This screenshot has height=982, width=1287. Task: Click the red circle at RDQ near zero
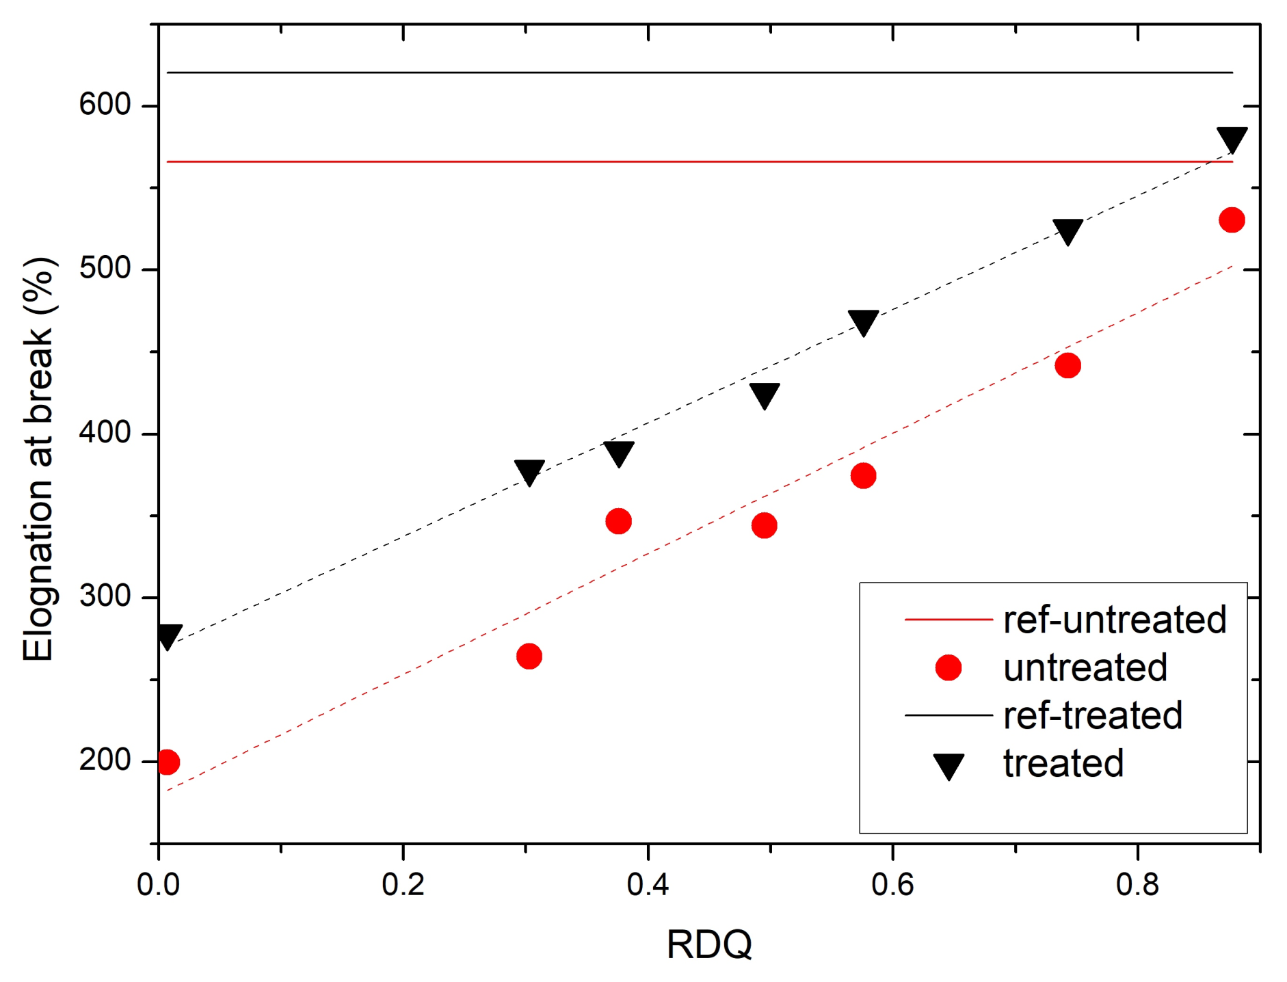pos(168,762)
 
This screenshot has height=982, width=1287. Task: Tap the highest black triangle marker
pos(1232,138)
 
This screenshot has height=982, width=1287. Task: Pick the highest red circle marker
pos(1232,220)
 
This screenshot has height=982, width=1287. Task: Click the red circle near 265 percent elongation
pos(529,656)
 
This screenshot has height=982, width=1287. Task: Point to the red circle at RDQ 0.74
pos(1067,366)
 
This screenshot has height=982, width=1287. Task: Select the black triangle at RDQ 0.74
pos(1067,231)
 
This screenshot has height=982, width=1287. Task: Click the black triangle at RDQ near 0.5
pos(765,395)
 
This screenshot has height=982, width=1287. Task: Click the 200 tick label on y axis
pos(105,760)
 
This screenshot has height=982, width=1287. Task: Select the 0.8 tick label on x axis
pos(1137,885)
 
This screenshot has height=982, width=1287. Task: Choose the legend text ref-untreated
pos(1115,620)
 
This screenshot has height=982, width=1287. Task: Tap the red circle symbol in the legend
pos(948,667)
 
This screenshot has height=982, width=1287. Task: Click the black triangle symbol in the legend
pos(949,765)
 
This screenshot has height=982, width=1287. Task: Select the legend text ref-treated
pos(1092,716)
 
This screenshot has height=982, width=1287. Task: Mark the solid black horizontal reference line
pos(684,72)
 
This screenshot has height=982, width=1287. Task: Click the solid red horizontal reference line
pos(684,162)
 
